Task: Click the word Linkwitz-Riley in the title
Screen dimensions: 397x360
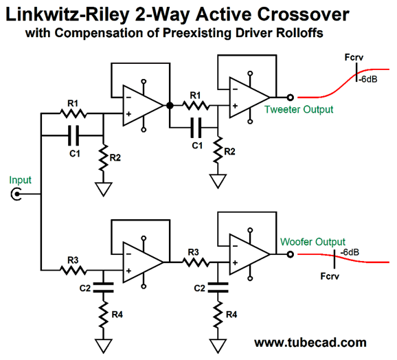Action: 67,14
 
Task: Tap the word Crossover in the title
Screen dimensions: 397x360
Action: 304,14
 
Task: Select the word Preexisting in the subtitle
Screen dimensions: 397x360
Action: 196,33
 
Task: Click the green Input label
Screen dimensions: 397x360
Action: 20,180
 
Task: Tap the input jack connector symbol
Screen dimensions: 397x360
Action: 16,194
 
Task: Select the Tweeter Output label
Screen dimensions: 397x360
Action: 299,110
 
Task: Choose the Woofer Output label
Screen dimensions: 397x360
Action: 313,242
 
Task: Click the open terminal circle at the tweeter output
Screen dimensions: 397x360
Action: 291,98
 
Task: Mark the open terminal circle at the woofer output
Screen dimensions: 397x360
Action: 291,254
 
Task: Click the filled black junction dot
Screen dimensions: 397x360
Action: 170,105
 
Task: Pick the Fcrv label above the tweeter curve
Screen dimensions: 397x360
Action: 354,58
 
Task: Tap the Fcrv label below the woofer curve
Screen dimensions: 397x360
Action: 330,276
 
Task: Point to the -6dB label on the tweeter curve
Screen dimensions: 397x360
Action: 367,80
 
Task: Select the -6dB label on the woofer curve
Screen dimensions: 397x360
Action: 350,252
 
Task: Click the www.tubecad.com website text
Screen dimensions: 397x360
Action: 310,343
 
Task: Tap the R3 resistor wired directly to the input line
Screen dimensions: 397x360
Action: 73,271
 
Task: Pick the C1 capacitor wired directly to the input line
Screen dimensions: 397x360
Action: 73,135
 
